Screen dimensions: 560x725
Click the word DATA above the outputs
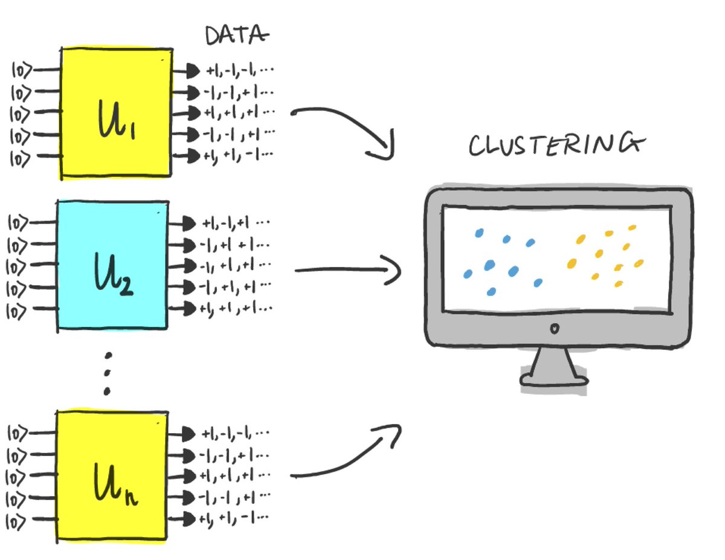click(x=236, y=36)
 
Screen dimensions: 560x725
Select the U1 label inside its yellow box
click(x=118, y=120)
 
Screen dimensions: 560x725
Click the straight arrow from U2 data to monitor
click(x=347, y=270)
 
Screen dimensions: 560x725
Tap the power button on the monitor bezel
click(x=555, y=329)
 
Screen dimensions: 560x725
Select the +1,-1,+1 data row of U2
click(x=236, y=223)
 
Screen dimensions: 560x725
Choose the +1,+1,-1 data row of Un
click(x=236, y=518)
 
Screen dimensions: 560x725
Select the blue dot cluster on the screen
click(x=501, y=263)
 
